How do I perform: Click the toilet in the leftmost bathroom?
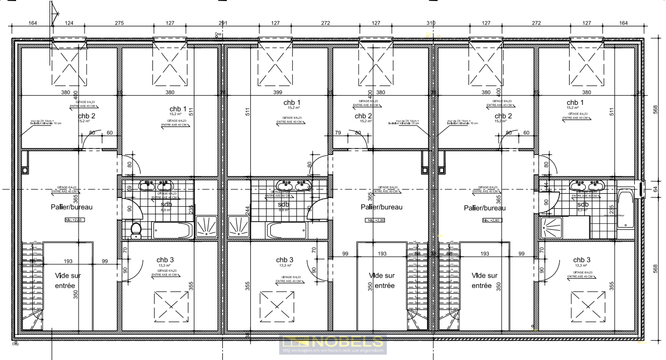tap(136, 230)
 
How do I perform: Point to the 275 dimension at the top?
tap(119, 23)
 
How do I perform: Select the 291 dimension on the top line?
tap(222, 23)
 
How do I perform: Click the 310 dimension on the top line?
tap(430, 23)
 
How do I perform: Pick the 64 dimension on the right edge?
tap(655, 189)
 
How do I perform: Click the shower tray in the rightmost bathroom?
tap(550, 229)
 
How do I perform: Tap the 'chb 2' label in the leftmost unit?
tap(86, 116)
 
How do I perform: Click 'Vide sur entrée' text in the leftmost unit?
tap(68, 280)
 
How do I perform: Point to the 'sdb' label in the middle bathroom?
tap(283, 204)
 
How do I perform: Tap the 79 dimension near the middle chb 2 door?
tap(338, 133)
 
